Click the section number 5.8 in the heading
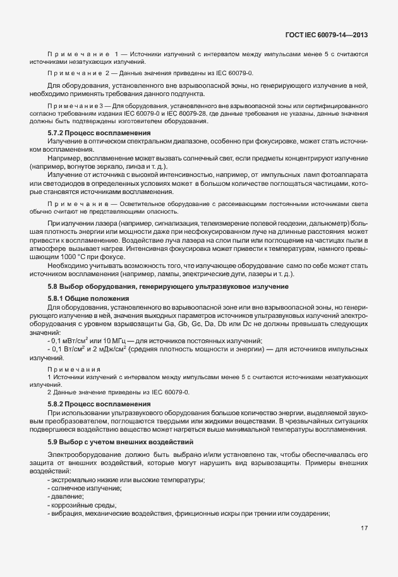coord(53,288)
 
